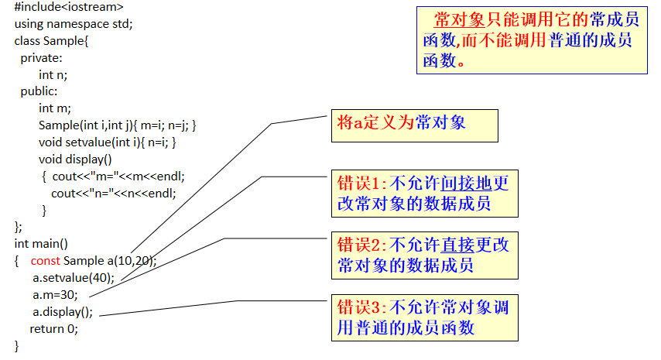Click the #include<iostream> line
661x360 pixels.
[x=68, y=7]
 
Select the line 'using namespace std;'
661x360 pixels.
[x=74, y=23]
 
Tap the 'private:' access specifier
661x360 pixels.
[x=41, y=57]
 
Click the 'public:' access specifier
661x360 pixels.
[x=39, y=91]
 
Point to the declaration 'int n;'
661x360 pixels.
[x=53, y=74]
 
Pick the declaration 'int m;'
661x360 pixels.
[x=54, y=108]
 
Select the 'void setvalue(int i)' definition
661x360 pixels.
[x=108, y=142]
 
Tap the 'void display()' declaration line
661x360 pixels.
[x=75, y=159]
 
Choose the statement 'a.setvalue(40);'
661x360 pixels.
[x=73, y=277]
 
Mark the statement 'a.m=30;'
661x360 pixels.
[x=55, y=294]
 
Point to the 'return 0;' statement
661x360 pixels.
[x=54, y=328]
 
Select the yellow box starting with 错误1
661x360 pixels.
[x=424, y=193]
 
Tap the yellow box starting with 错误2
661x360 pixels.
[x=424, y=255]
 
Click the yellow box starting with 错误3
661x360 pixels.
[x=424, y=317]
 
